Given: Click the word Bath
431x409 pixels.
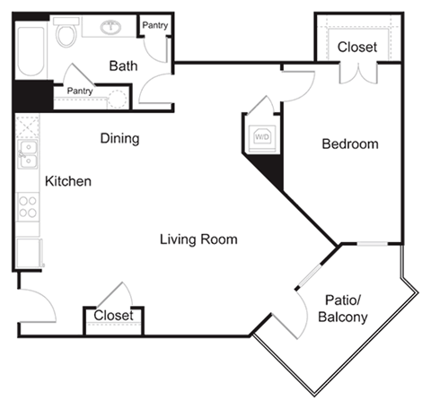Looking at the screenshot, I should (x=122, y=65).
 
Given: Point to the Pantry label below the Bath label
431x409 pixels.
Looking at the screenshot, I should (x=80, y=91).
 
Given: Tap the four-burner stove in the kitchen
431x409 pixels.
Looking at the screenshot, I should (x=28, y=208).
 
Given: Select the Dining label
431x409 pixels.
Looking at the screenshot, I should (x=119, y=138).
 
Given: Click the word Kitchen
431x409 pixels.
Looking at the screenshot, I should (x=68, y=181).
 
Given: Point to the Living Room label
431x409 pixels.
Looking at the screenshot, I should (x=198, y=239).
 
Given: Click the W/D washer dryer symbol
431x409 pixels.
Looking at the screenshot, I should (x=262, y=136).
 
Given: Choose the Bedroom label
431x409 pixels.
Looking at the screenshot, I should (x=350, y=144).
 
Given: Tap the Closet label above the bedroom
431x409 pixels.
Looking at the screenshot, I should (x=356, y=47).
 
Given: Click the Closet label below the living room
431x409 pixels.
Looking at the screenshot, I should (x=113, y=316).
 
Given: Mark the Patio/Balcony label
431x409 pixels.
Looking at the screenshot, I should (x=342, y=309).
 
